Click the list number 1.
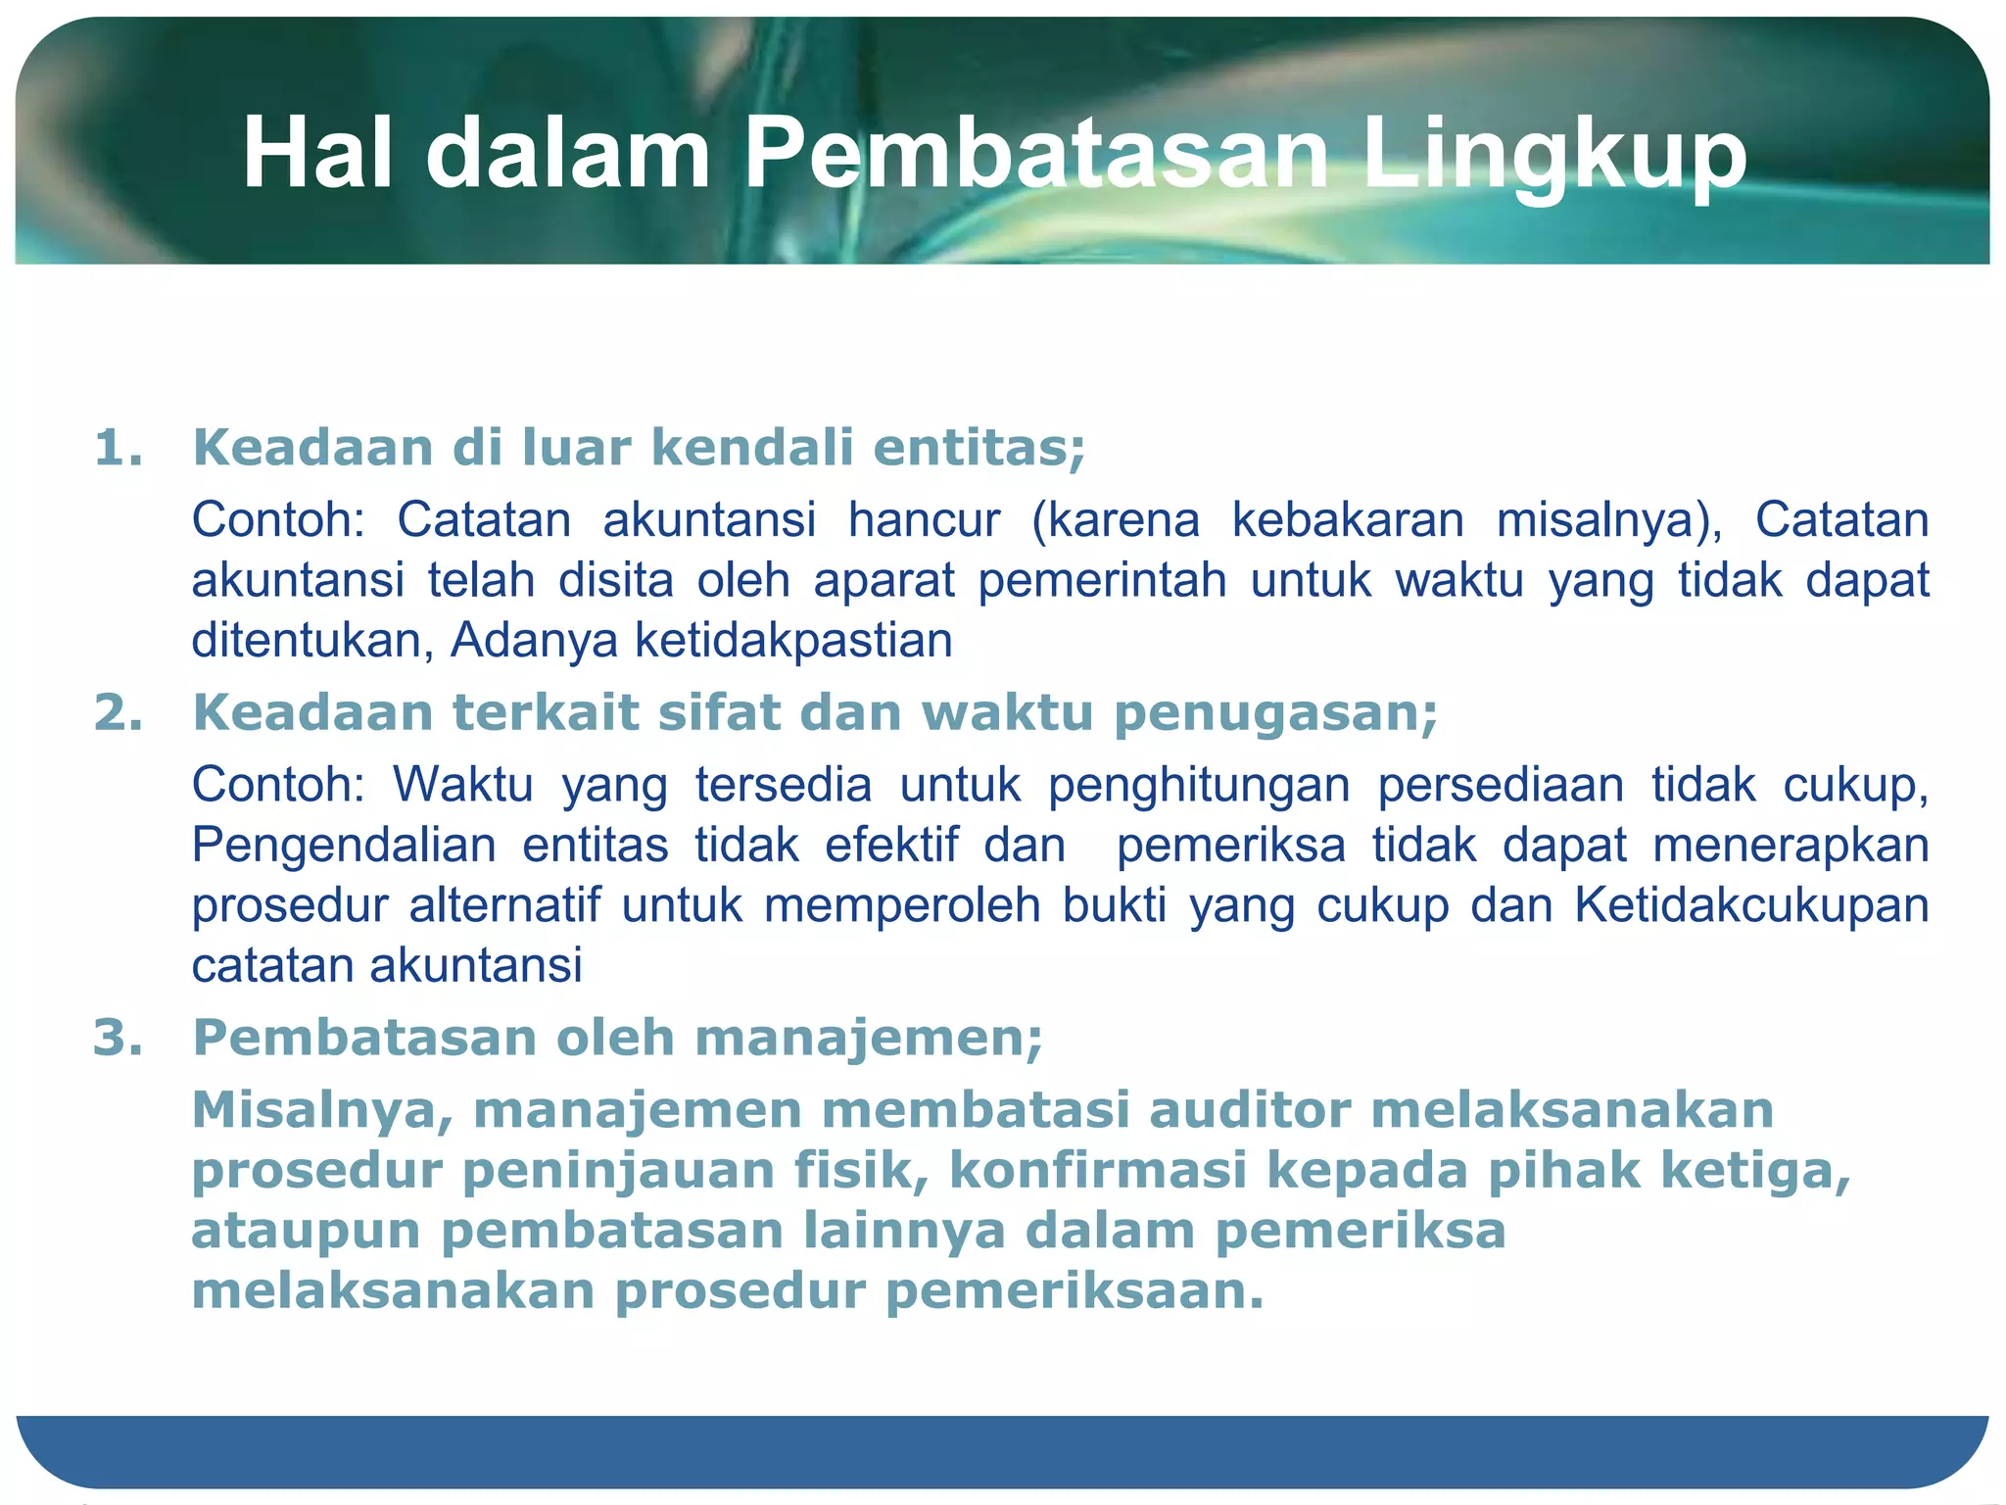tap(118, 449)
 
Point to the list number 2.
tap(118, 713)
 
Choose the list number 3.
tap(118, 1039)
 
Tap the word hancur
tap(924, 520)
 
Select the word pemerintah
tap(1102, 580)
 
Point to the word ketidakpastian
tap(793, 641)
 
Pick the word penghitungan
tap(1199, 785)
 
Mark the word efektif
tap(891, 846)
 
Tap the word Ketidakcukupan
tap(1751, 906)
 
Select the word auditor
tap(1249, 1111)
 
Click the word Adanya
tap(534, 641)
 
